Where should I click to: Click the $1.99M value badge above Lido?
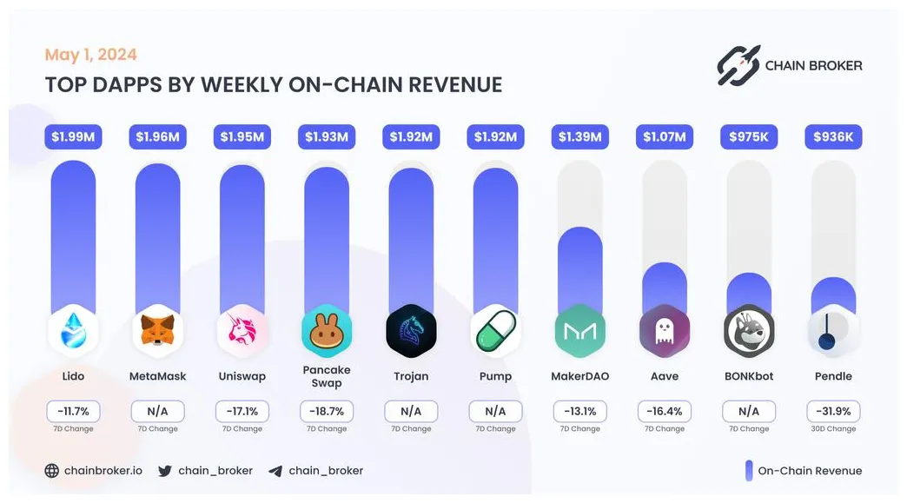tap(73, 136)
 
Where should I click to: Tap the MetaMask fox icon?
tap(157, 330)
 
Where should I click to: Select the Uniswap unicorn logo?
tap(242, 330)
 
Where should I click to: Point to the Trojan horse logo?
tap(411, 330)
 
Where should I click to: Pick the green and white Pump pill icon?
tap(495, 330)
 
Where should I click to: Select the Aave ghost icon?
tap(664, 330)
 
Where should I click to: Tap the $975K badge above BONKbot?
tap(748, 136)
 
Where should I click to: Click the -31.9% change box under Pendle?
tap(832, 411)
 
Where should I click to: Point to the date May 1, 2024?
tap(90, 55)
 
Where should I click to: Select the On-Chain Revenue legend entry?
tap(803, 471)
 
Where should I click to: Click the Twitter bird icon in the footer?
tap(165, 471)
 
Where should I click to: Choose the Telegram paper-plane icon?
tap(275, 471)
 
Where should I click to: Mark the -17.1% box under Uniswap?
tap(242, 411)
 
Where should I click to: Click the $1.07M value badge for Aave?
tap(664, 136)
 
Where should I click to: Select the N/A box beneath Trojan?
tap(411, 411)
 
